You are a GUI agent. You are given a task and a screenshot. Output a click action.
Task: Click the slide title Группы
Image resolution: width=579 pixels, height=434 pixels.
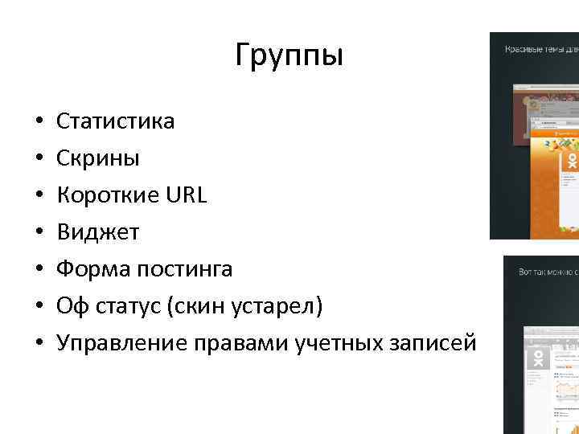click(289, 56)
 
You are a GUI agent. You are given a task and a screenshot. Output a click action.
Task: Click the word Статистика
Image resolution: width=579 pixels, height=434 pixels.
click(115, 121)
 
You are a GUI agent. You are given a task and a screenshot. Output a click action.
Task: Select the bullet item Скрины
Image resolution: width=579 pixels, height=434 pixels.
click(97, 158)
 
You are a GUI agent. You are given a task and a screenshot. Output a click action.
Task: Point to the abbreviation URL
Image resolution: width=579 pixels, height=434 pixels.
click(186, 195)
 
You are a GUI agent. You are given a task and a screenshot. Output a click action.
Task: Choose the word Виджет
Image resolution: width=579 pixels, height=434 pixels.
click(97, 232)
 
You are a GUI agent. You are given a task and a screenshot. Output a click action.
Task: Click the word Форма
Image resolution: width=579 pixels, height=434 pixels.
click(88, 269)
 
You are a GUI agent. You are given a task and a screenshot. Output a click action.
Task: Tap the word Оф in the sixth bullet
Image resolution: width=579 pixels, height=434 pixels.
click(69, 306)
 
